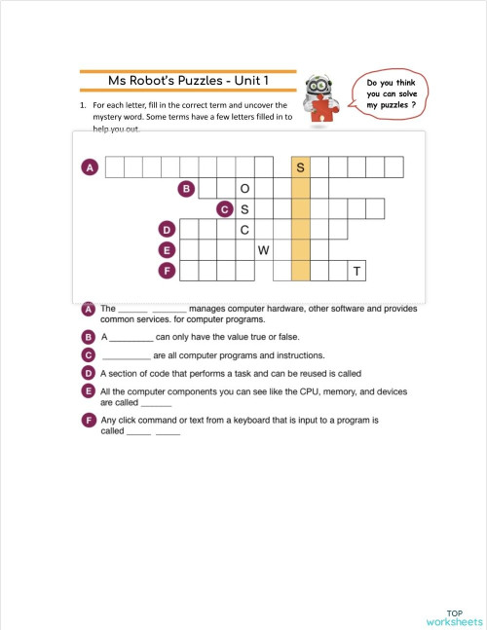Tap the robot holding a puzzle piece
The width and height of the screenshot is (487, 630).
coord(318,100)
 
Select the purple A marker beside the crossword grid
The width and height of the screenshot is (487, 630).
coord(89,167)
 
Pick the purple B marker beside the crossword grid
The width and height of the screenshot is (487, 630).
coord(186,188)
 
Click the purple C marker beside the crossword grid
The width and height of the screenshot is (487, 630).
coord(225,208)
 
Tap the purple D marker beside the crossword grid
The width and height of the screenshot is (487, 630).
coord(167,230)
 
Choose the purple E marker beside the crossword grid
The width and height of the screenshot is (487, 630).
coord(167,250)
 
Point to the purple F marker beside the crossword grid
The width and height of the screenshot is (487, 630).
coord(167,270)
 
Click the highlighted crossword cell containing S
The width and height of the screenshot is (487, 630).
coord(301,167)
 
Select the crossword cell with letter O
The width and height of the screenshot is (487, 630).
coord(244,188)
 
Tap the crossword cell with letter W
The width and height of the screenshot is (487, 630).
coord(263,250)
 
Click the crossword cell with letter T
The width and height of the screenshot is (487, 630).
coord(357,271)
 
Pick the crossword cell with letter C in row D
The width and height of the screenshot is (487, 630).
coord(244,230)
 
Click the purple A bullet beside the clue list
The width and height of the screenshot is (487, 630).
coord(89,309)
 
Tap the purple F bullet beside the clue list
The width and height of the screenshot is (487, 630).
coord(89,420)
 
